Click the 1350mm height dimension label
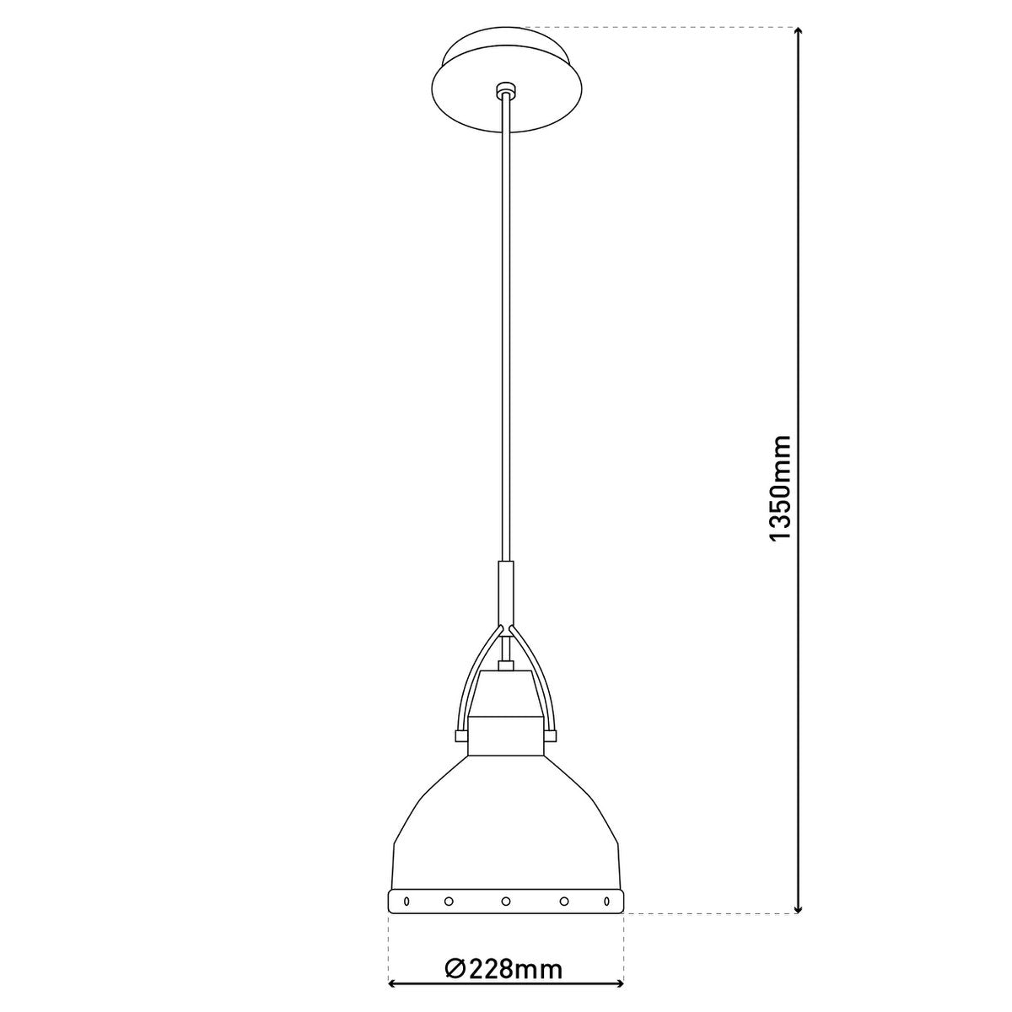(x=780, y=488)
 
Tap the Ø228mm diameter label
(x=503, y=969)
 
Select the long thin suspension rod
(x=505, y=337)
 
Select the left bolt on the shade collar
(x=460, y=735)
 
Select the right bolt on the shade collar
(x=551, y=735)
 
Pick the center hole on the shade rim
(x=505, y=901)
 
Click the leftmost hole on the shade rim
(x=406, y=901)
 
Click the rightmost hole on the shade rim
(x=605, y=901)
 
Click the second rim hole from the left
(x=449, y=901)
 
